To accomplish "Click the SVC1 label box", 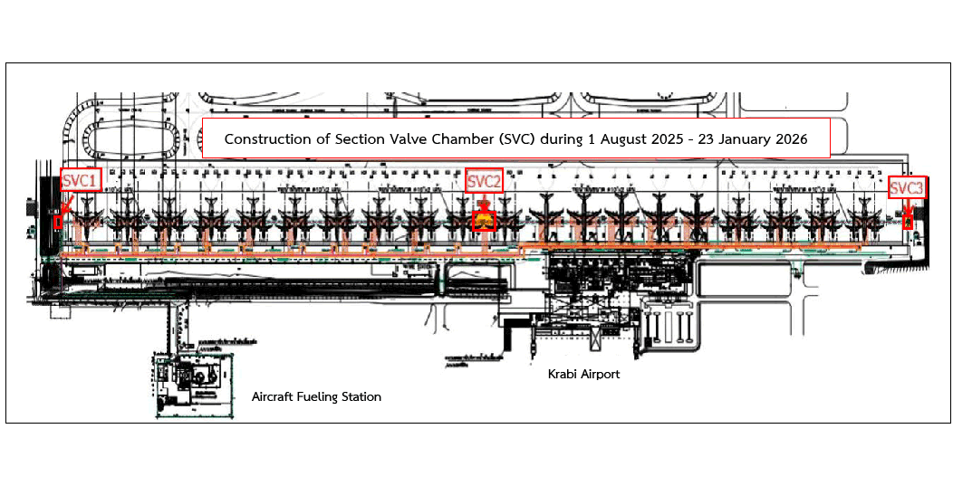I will [80, 181].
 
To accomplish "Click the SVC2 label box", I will [484, 181].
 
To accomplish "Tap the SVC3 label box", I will [907, 188].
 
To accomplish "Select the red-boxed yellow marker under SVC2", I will [485, 220].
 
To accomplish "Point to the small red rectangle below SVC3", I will [909, 222].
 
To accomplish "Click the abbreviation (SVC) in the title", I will [526, 139].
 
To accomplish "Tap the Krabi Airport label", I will [583, 374].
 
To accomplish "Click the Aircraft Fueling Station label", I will [316, 396].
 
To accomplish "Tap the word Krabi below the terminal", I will [562, 374].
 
